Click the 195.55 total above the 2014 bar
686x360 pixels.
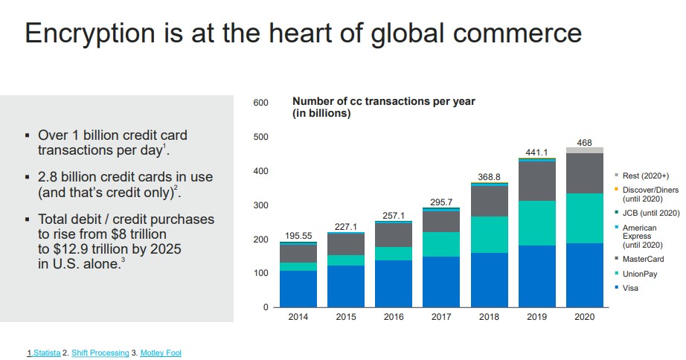click(298, 236)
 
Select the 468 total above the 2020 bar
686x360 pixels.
click(584, 142)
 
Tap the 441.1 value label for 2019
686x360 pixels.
click(536, 152)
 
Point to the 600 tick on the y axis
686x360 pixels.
click(260, 103)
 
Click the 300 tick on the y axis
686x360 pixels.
click(260, 205)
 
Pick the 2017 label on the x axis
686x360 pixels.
click(441, 316)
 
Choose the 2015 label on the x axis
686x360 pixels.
click(346, 316)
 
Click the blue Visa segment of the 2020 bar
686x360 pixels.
click(584, 274)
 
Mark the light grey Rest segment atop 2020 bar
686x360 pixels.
click(584, 150)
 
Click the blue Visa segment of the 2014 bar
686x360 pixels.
click(298, 289)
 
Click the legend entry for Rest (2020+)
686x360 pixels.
click(646, 175)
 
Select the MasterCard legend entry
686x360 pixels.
click(644, 259)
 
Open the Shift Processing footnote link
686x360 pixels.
click(100, 353)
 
